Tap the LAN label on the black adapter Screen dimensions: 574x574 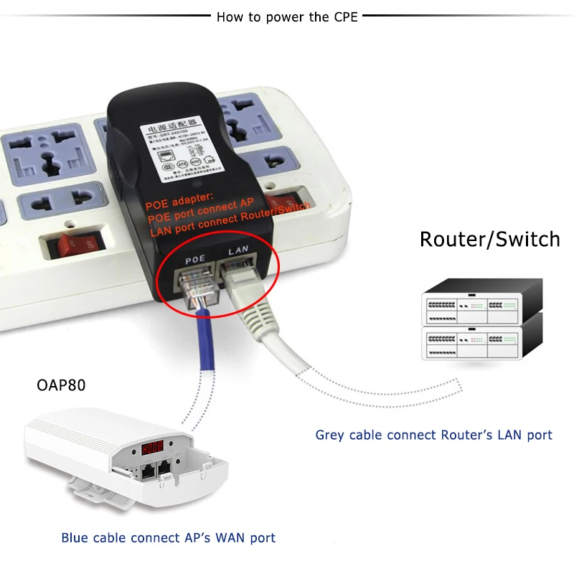(x=238, y=251)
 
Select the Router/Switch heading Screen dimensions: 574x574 (x=489, y=239)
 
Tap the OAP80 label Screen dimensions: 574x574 (x=61, y=385)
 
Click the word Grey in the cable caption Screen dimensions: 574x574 (x=331, y=435)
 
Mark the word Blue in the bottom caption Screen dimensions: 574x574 (x=75, y=537)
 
